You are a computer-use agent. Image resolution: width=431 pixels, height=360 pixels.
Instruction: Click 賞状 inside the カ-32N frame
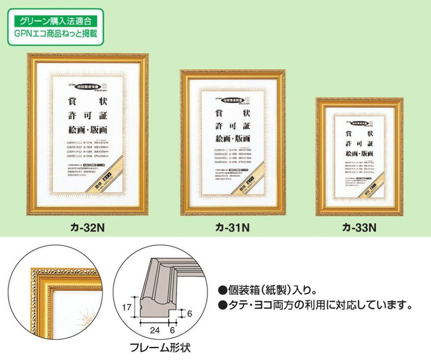pos(87,102)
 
